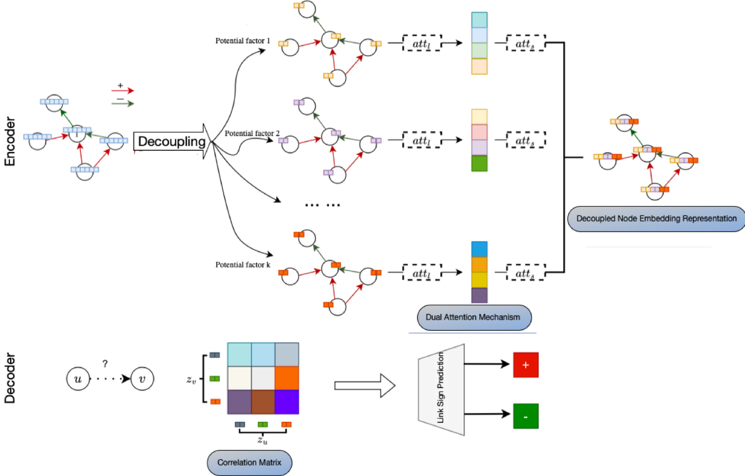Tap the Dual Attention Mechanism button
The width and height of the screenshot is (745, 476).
pos(474,317)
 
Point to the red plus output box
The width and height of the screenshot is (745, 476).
pos(525,366)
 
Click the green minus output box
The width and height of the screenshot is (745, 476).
pos(525,416)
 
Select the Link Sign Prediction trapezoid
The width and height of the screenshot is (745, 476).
pos(442,389)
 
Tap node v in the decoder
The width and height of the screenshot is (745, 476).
pos(142,377)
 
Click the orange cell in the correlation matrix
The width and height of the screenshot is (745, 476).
pos(287,377)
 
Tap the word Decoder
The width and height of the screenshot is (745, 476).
pos(11,379)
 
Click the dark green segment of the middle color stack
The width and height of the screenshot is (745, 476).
pos(480,163)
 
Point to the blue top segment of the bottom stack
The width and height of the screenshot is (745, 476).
pos(480,249)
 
